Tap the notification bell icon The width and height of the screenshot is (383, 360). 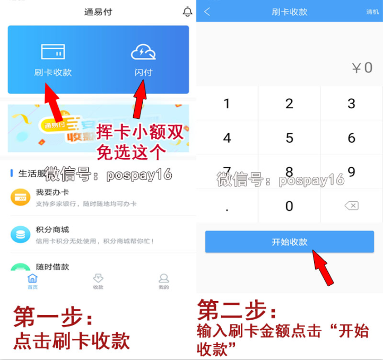pos(187,11)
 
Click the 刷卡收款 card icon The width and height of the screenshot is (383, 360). pos(53,52)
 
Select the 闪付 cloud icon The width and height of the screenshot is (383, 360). pos(143,52)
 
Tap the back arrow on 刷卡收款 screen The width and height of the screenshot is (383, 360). pos(207,12)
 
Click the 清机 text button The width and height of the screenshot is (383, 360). pos(372,12)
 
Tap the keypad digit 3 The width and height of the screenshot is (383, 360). pos(351,103)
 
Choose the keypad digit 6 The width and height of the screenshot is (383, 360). pos(351,138)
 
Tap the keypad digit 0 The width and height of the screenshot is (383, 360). pos(289,206)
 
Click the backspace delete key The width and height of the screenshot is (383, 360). pos(351,206)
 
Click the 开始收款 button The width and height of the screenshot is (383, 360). pos(290,242)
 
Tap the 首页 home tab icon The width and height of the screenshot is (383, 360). pos(33,279)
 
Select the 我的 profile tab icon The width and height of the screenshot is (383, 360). pos(164,279)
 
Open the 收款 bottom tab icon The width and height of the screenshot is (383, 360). pos(98,279)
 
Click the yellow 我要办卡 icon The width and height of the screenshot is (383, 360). pos(21,198)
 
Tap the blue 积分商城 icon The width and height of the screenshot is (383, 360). pos(21,234)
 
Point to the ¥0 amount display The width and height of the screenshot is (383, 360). pos(362,68)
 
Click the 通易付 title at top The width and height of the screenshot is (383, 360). pos(98,12)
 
